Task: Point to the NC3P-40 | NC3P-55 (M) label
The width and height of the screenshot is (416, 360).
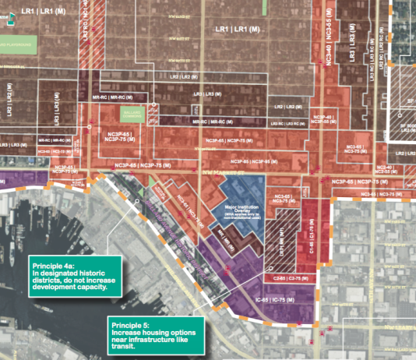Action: [x=323, y=118]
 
